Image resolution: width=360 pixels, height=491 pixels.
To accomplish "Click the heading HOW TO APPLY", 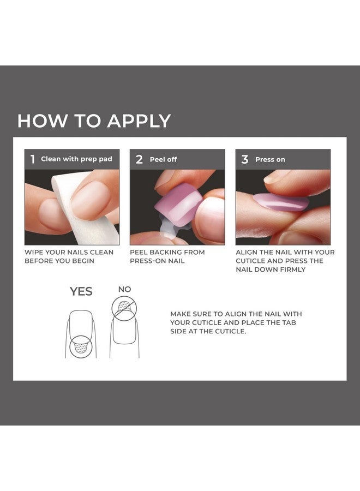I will coord(94,121).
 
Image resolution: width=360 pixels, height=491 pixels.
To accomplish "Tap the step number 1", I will coord(32,159).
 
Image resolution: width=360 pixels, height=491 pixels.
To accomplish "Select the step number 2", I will coord(139,159).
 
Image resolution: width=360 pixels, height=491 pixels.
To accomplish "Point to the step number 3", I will coord(244,159).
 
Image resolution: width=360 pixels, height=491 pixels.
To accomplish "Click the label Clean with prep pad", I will coord(76,159).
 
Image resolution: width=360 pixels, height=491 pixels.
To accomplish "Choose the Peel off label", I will coord(163,160).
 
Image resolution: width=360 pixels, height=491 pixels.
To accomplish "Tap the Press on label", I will coord(270,160).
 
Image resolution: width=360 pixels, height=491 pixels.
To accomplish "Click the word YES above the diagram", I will coord(81,292).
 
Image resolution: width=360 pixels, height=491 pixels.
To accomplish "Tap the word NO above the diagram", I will coord(124,289).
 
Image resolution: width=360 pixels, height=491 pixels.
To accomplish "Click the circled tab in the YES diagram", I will coord(81,346).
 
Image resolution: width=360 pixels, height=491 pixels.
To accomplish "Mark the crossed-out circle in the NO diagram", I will coord(124,308).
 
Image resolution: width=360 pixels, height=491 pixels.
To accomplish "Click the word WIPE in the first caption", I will coord(34,253).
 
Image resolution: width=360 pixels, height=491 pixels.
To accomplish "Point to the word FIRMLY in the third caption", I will coord(287,270).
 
